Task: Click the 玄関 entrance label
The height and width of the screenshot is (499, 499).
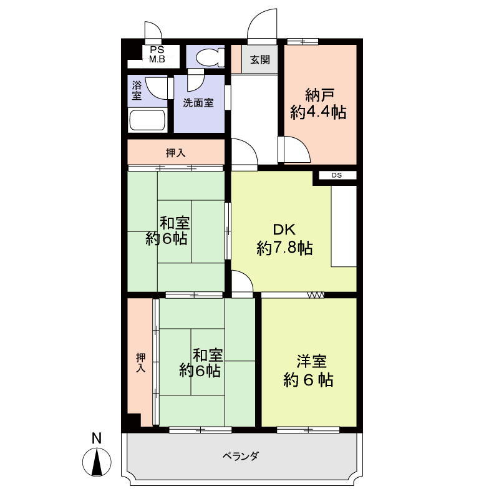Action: [260, 60]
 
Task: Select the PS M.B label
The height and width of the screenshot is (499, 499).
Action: [156, 55]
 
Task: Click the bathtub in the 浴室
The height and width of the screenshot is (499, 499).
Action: [147, 120]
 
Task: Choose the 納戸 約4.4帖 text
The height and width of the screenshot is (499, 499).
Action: [319, 104]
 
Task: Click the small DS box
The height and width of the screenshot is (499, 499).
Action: [337, 175]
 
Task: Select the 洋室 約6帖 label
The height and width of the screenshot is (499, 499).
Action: [309, 371]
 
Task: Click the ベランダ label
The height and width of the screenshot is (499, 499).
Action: [240, 456]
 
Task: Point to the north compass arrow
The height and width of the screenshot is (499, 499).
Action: [97, 463]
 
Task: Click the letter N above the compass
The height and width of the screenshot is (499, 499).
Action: [96, 438]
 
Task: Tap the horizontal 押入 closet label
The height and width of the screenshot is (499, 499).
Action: [175, 152]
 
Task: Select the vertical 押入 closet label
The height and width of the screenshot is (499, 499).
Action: [141, 363]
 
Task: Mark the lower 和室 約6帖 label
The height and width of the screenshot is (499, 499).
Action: [201, 363]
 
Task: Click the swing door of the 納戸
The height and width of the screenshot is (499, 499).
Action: [294, 150]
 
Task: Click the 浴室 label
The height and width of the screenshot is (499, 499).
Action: [137, 90]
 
